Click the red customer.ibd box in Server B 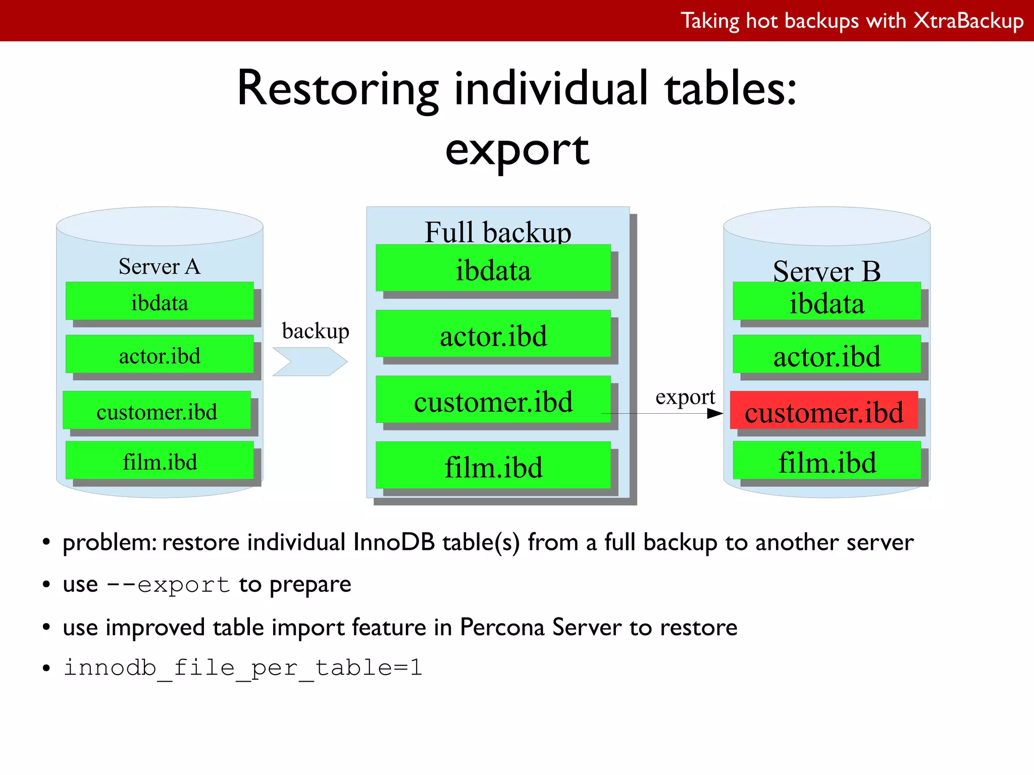click(823, 411)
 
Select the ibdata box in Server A click(160, 301)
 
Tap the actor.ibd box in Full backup click(493, 334)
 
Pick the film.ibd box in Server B click(826, 461)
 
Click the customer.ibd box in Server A click(157, 411)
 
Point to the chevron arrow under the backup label click(310, 362)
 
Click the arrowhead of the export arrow click(715, 414)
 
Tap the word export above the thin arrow click(685, 397)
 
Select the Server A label click(160, 266)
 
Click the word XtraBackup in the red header click(968, 21)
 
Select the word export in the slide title click(517, 150)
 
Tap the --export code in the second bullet click(169, 585)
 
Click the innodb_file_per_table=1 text click(243, 668)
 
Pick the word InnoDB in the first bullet click(394, 542)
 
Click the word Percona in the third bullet click(502, 627)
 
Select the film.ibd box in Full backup click(493, 466)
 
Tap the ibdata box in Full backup click(493, 269)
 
